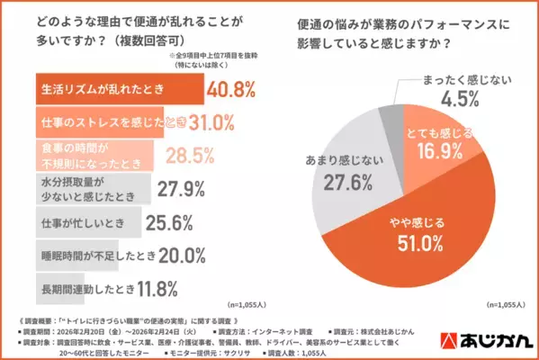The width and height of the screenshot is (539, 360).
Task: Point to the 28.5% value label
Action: pos(197,152)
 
